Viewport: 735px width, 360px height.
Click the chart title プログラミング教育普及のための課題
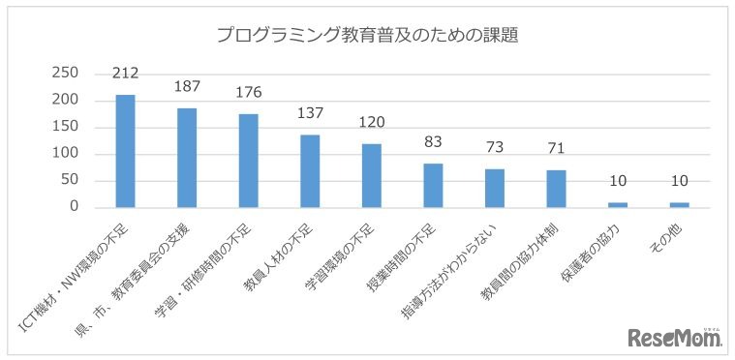pyautogui.click(x=367, y=37)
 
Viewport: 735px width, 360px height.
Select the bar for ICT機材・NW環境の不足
pyautogui.click(x=125, y=151)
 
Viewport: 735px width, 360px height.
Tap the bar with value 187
pyautogui.click(x=187, y=158)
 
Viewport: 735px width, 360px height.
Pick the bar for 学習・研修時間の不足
pyautogui.click(x=249, y=161)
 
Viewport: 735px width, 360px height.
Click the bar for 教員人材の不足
pyautogui.click(x=310, y=171)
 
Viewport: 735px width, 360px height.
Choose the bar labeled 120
pyautogui.click(x=372, y=175)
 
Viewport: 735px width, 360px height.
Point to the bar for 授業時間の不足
pyautogui.click(x=434, y=186)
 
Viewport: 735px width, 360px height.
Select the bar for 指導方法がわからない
pyautogui.click(x=495, y=188)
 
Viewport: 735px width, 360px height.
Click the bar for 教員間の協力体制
pyautogui.click(x=556, y=189)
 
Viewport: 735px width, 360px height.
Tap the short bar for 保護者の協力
pyautogui.click(x=618, y=204)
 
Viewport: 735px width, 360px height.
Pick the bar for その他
pyautogui.click(x=679, y=204)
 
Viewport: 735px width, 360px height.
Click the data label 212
pyautogui.click(x=126, y=73)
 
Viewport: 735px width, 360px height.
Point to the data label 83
pyautogui.click(x=434, y=142)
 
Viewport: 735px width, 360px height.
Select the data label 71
pyautogui.click(x=556, y=148)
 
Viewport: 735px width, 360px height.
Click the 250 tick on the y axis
pyautogui.click(x=64, y=74)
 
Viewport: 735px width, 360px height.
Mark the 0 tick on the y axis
pyautogui.click(x=73, y=207)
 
